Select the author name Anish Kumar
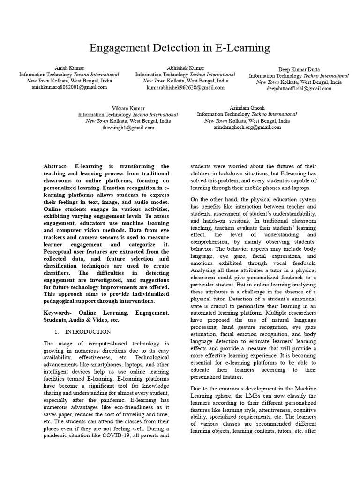point(69,68)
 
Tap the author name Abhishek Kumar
point(185,68)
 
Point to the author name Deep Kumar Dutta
point(299,69)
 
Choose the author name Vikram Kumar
point(127,108)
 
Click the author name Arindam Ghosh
point(247,108)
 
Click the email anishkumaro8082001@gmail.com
point(69,87)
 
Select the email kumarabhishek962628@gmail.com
point(185,87)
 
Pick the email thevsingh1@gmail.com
point(127,127)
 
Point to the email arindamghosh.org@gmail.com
point(247,127)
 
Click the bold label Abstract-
point(56,166)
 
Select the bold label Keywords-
point(59,312)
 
